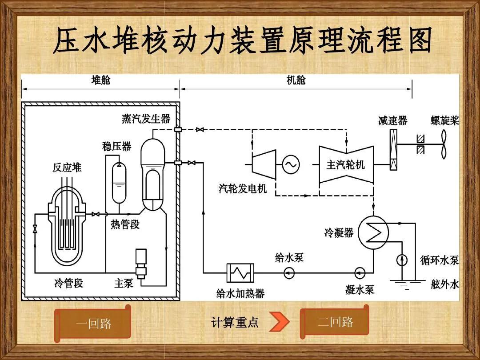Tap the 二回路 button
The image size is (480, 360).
click(335, 322)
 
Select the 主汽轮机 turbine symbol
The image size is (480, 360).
click(345, 164)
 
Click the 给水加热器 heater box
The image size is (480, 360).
click(240, 272)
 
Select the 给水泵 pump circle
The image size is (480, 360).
click(290, 272)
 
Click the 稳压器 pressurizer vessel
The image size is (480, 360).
click(119, 182)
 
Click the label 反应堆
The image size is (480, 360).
click(67, 168)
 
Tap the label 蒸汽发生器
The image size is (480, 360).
click(146, 119)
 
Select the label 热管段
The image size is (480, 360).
click(125, 224)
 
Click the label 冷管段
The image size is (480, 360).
click(68, 283)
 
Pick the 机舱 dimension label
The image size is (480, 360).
click(296, 80)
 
